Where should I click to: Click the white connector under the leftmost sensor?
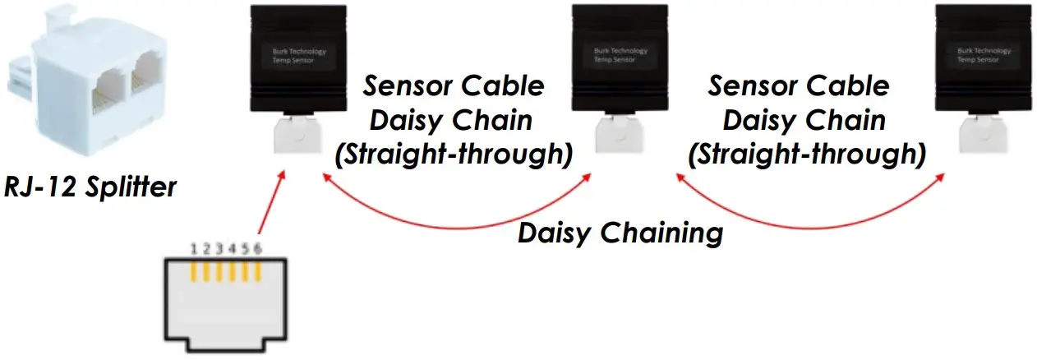294,136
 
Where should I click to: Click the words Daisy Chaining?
620,233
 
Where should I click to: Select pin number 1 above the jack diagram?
194,249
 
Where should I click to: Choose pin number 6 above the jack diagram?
259,249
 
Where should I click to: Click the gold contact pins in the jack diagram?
226,271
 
